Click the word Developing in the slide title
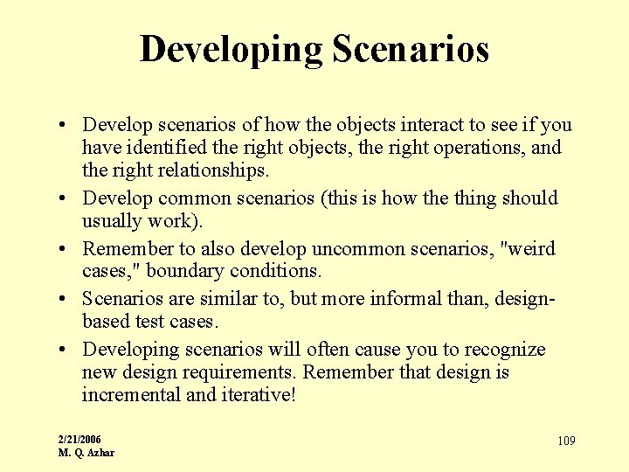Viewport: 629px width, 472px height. click(x=231, y=50)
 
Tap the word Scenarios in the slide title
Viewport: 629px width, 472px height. click(x=410, y=49)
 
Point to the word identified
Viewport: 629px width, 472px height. click(x=169, y=147)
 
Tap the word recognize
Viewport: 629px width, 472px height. click(x=501, y=350)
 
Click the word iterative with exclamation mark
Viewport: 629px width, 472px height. click(x=259, y=395)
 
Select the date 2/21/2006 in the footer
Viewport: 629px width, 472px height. click(x=79, y=439)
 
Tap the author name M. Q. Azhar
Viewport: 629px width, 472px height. click(x=86, y=452)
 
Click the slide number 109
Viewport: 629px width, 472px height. click(x=566, y=441)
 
